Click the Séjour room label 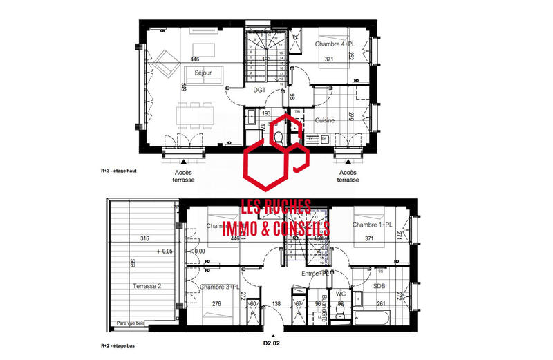tap(203, 73)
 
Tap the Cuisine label tap(325, 120)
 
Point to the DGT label tap(260, 90)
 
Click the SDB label tap(379, 286)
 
